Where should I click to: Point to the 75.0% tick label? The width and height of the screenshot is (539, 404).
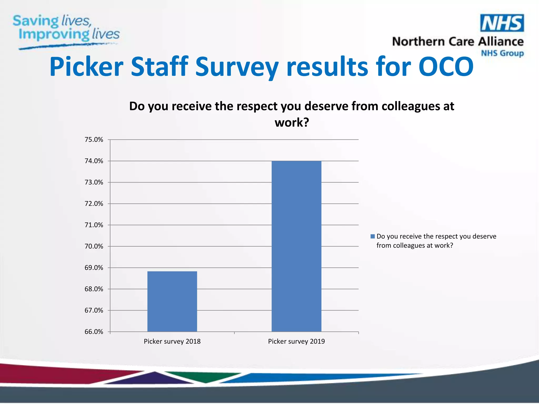[94, 140]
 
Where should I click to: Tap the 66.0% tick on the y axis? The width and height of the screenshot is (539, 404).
[94, 332]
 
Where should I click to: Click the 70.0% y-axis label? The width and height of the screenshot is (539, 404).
[94, 246]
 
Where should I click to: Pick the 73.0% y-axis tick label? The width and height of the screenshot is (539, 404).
[94, 182]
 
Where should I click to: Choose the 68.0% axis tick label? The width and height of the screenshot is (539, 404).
[94, 289]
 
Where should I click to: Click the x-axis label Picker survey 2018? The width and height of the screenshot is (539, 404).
[172, 341]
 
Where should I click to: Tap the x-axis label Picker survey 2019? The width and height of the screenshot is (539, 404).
[296, 341]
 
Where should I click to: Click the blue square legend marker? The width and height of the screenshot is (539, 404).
[372, 236]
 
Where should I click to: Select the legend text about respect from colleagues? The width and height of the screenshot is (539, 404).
[436, 241]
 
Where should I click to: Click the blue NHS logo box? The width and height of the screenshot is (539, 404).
[502, 23]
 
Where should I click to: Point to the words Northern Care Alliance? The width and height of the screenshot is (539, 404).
[457, 42]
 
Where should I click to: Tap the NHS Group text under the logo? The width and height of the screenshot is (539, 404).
[502, 53]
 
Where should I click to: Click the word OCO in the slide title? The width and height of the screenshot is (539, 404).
[446, 67]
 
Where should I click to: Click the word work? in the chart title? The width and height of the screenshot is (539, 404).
[292, 123]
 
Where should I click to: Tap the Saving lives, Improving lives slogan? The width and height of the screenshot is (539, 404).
[66, 29]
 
